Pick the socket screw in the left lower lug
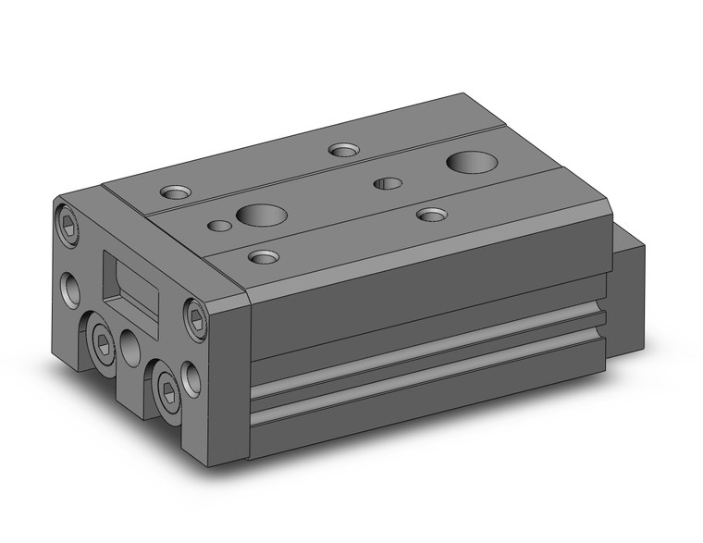coord(103,346)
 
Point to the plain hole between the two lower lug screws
coord(129,349)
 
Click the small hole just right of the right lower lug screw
coord(191,379)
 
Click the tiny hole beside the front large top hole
coord(219,225)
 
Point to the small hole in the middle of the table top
coord(388,183)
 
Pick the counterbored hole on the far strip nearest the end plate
coord(174,192)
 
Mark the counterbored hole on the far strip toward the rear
coord(344,149)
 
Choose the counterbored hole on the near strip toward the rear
coord(432,215)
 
